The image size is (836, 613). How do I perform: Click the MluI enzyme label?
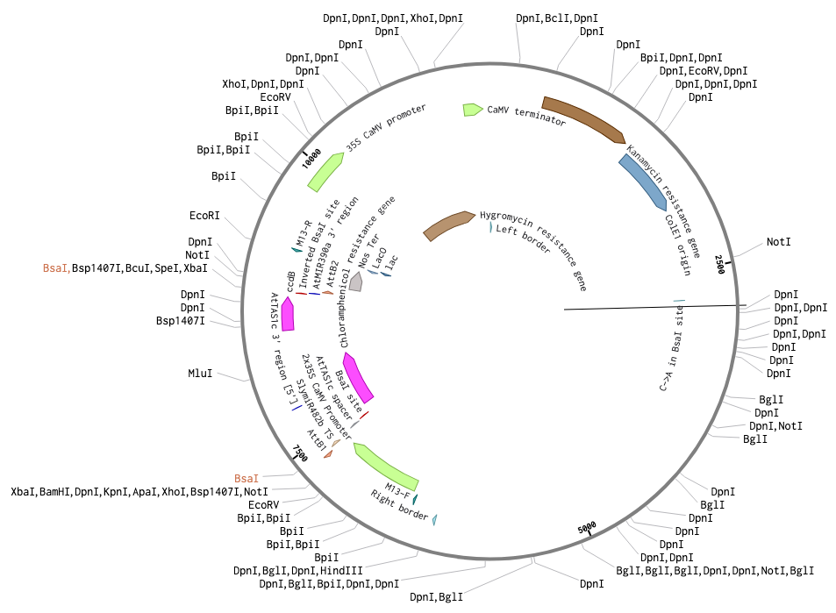click(200, 373)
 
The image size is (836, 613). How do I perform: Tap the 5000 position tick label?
click(588, 530)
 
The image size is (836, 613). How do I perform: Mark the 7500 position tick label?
click(300, 453)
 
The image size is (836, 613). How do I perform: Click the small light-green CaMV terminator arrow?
click(473, 110)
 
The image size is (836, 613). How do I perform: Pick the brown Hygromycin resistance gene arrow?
click(448, 225)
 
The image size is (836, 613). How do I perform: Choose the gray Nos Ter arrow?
click(355, 282)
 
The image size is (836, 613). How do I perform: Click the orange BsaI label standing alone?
click(246, 478)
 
